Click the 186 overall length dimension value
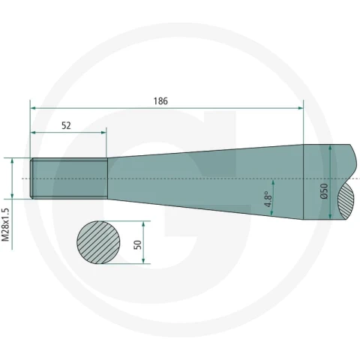point(160,101)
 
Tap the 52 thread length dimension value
point(66,125)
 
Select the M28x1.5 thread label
point(5,225)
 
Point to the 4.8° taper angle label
point(268,199)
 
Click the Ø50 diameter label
point(324,191)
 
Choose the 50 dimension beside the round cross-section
point(138,244)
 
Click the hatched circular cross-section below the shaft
point(98,242)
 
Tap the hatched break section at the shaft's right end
point(346,200)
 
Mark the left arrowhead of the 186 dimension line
point(33,108)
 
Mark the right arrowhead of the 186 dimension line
point(301,108)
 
